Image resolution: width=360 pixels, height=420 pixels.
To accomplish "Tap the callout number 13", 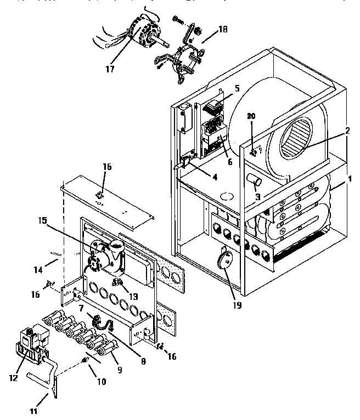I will (132, 296).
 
